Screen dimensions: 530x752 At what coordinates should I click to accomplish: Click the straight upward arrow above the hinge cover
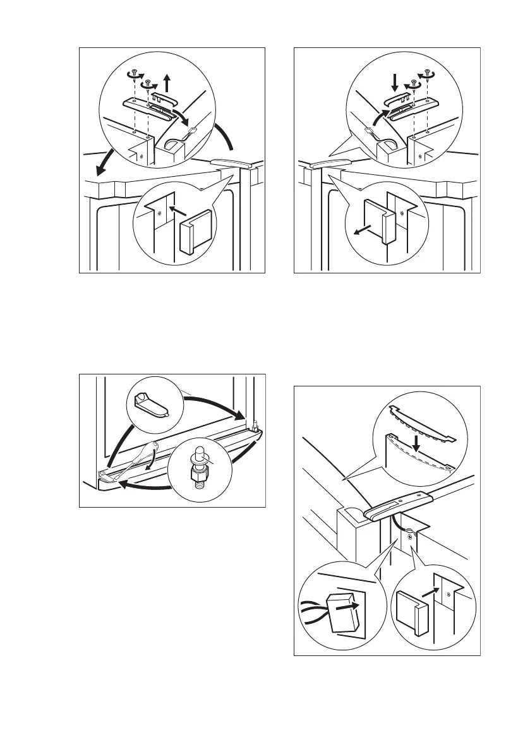pos(168,83)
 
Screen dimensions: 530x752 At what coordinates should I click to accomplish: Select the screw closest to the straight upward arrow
pos(148,83)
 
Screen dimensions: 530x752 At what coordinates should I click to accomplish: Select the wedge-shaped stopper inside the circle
pos(150,404)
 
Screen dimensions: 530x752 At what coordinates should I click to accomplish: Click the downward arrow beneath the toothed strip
pos(415,446)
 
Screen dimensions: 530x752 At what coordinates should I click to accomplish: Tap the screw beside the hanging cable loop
pos(411,537)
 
